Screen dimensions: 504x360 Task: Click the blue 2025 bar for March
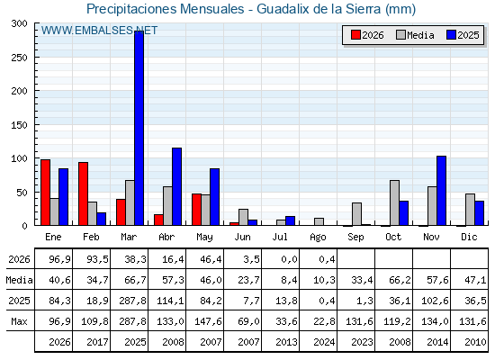(139, 128)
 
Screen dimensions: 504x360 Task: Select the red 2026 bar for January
(45, 193)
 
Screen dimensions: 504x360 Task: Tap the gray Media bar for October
(394, 202)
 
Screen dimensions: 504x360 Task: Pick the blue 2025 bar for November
(441, 191)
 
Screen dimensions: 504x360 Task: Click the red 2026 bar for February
(83, 193)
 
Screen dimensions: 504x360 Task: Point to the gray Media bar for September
(356, 214)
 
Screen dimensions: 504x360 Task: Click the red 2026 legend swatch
(355, 35)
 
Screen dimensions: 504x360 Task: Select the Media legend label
(420, 35)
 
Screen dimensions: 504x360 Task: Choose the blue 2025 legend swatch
(451, 35)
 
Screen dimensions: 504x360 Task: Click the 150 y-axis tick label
(19, 125)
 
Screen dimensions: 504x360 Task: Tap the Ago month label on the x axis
(318, 238)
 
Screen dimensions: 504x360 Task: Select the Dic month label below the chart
(469, 237)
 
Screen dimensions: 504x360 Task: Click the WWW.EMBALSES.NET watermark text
(99, 31)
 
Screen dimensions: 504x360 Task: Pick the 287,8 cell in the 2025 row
(132, 301)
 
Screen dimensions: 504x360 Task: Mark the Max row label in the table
(19, 321)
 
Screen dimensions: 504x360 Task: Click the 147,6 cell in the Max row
(208, 321)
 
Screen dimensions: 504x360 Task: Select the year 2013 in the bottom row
(286, 342)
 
